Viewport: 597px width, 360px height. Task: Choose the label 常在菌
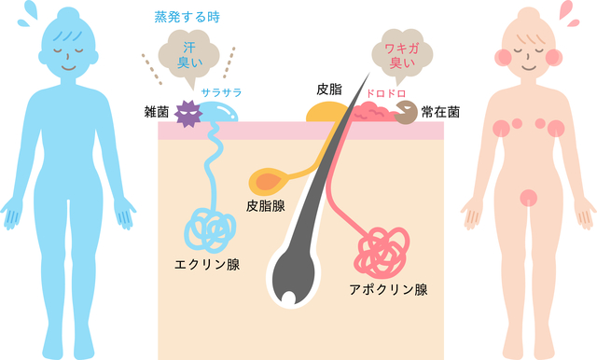point(439,112)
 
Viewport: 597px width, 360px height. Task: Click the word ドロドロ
point(384,93)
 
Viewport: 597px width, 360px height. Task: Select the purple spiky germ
point(188,115)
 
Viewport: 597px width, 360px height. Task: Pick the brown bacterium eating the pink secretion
point(407,114)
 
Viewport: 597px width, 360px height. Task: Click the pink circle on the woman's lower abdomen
point(529,198)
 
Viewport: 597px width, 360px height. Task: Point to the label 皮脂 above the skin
point(329,89)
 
